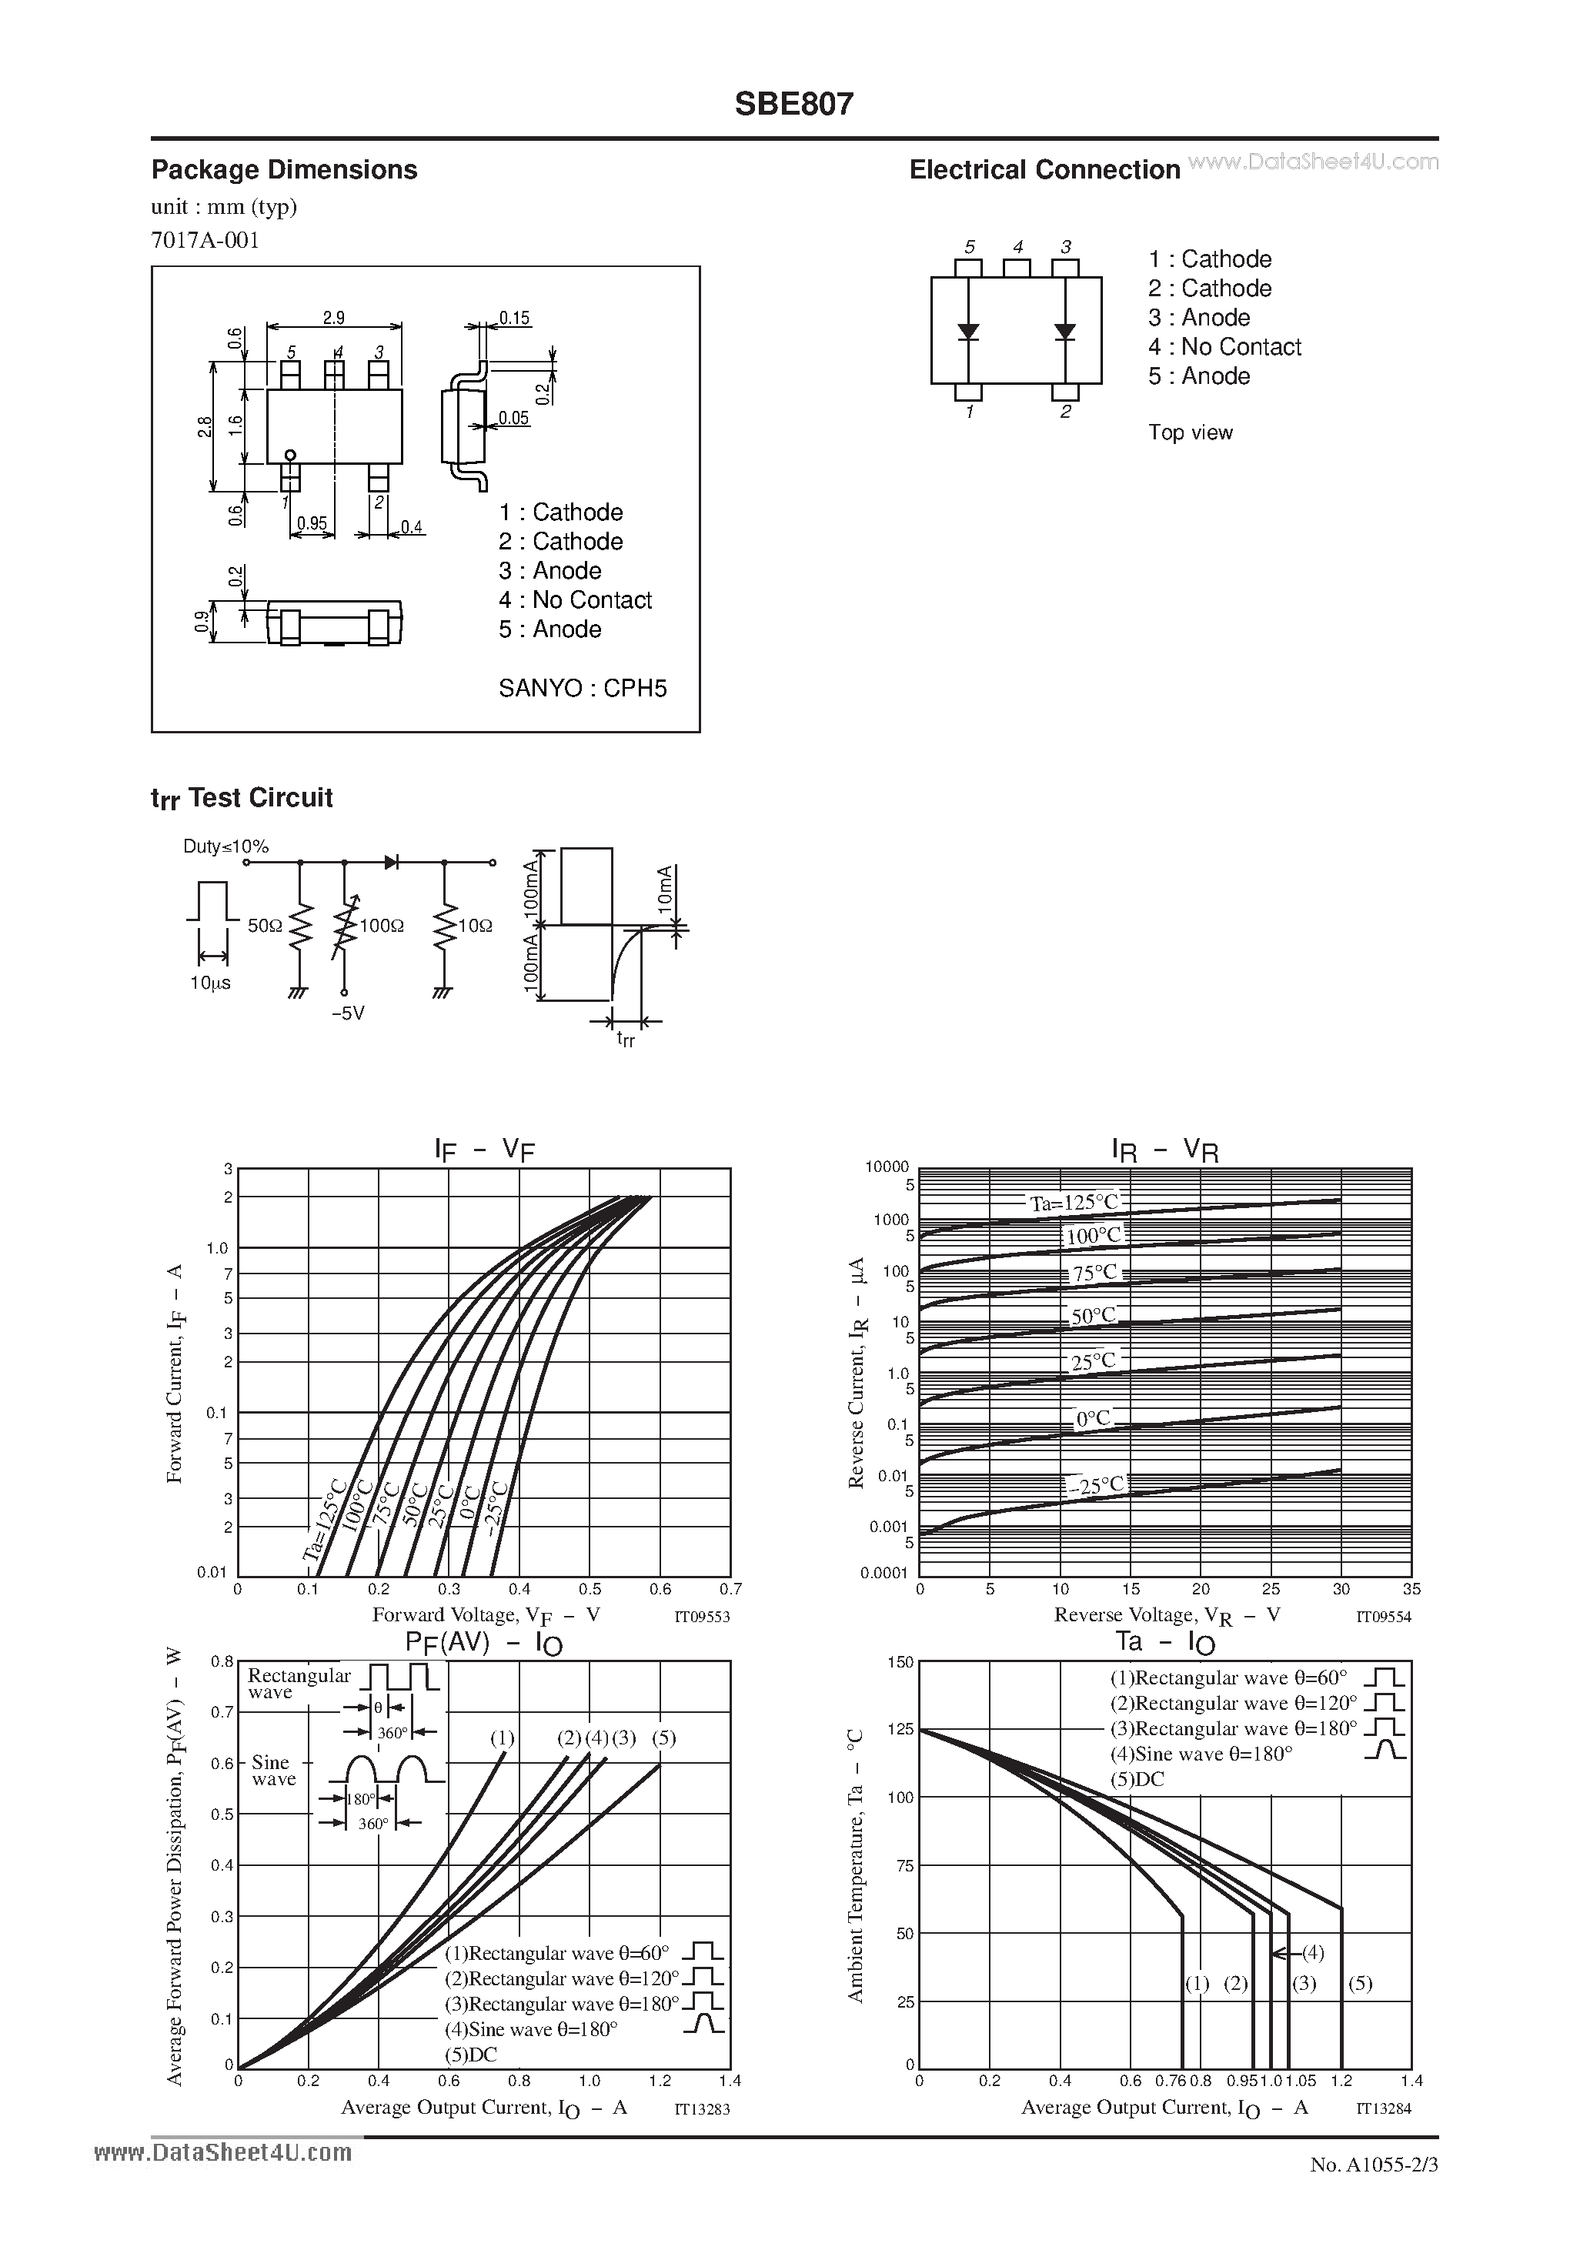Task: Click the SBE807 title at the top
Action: [794, 104]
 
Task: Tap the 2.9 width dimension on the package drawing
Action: [333, 318]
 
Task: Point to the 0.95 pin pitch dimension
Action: [312, 524]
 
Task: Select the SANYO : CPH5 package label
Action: [583, 688]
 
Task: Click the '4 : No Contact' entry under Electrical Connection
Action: [1224, 347]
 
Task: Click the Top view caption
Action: [1190, 432]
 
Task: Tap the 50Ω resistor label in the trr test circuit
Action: [265, 925]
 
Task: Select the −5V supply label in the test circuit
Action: [347, 1013]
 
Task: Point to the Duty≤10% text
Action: [225, 846]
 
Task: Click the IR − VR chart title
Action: [1164, 1149]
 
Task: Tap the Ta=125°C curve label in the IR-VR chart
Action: [1074, 1203]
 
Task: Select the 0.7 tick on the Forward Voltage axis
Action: [730, 1590]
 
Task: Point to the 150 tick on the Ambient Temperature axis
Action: [900, 1662]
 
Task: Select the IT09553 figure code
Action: [702, 1617]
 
